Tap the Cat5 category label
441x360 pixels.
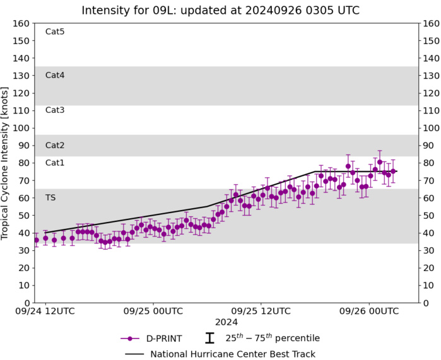(55, 32)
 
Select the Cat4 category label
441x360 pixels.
(55, 75)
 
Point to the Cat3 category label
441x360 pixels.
(55, 110)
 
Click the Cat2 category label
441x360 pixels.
(55, 145)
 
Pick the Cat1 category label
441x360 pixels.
(55, 163)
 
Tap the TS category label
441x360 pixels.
(50, 197)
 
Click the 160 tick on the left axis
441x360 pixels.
(22, 23)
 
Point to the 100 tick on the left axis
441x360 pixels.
(22, 128)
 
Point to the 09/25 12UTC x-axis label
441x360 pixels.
(262, 311)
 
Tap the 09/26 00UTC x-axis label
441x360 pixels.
(370, 311)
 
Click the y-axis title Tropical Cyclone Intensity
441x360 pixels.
(6, 163)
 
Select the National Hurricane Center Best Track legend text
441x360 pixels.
(233, 354)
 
